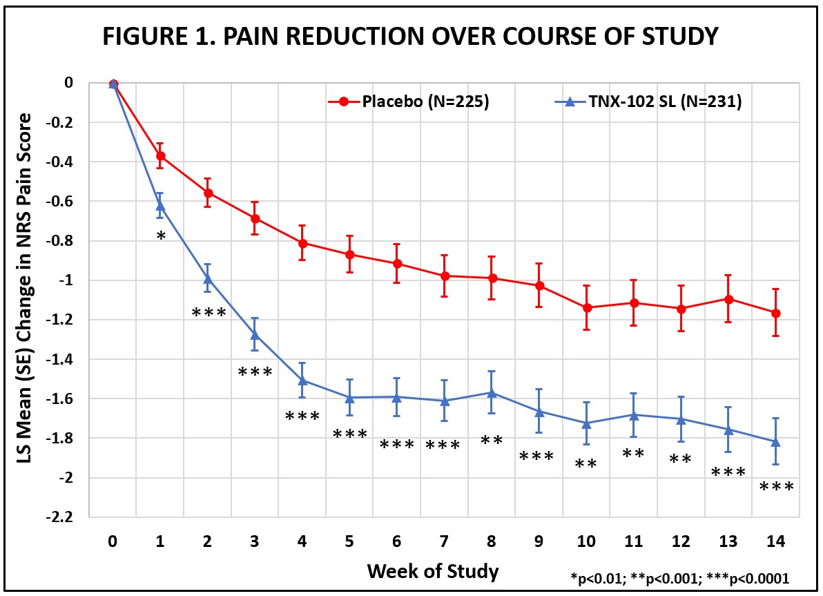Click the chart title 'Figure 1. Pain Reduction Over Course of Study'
click(411, 37)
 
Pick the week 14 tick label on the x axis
click(775, 543)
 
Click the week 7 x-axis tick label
click(445, 543)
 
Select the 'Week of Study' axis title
click(433, 571)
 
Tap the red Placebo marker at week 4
click(302, 243)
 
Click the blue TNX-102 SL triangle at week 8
click(492, 392)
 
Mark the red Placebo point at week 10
click(587, 307)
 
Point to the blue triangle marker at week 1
click(160, 205)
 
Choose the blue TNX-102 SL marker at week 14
click(775, 442)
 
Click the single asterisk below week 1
click(160, 236)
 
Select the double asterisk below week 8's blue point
click(492, 439)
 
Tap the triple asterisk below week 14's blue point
click(776, 487)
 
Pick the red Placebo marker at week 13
click(728, 299)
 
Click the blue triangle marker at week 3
click(255, 335)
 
